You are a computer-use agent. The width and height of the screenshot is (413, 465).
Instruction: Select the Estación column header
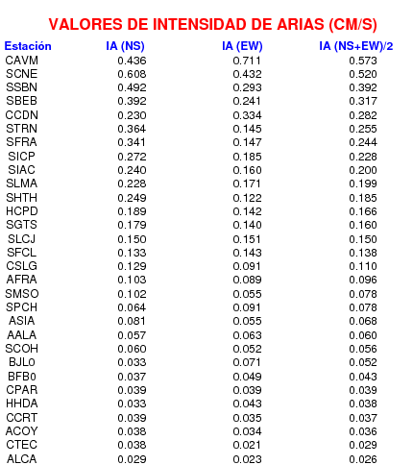point(28,46)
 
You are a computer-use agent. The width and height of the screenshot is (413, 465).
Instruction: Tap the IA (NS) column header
point(125,46)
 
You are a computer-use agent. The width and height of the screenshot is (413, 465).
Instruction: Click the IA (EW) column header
point(242,46)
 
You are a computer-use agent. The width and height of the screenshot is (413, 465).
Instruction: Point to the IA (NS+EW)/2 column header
point(356,46)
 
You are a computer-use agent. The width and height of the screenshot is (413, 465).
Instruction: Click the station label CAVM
point(22,61)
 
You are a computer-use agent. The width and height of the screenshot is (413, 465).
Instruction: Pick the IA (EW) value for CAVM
point(247,61)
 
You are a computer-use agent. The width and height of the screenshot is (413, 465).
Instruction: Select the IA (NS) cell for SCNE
point(132,74)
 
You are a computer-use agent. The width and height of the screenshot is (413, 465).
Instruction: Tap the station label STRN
point(22,129)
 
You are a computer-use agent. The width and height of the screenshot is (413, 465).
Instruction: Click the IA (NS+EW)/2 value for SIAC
point(363,170)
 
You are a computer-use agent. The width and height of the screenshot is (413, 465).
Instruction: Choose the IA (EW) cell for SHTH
point(247,198)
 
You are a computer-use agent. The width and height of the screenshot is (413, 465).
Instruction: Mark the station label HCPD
point(22,211)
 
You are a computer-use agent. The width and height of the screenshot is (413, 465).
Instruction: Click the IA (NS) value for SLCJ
point(132,239)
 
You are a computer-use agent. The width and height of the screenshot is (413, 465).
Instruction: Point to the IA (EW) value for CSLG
point(247,266)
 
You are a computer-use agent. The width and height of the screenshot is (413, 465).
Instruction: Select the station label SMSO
point(22,294)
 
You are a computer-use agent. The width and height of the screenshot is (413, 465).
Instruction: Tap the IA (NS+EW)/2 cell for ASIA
point(363,321)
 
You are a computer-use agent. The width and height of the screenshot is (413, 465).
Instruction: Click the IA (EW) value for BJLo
point(247,362)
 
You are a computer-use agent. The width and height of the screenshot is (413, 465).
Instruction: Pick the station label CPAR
point(22,390)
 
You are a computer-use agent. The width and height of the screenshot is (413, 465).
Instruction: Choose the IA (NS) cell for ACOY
point(132,431)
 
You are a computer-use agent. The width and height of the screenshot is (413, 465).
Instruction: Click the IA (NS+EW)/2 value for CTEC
point(363,445)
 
